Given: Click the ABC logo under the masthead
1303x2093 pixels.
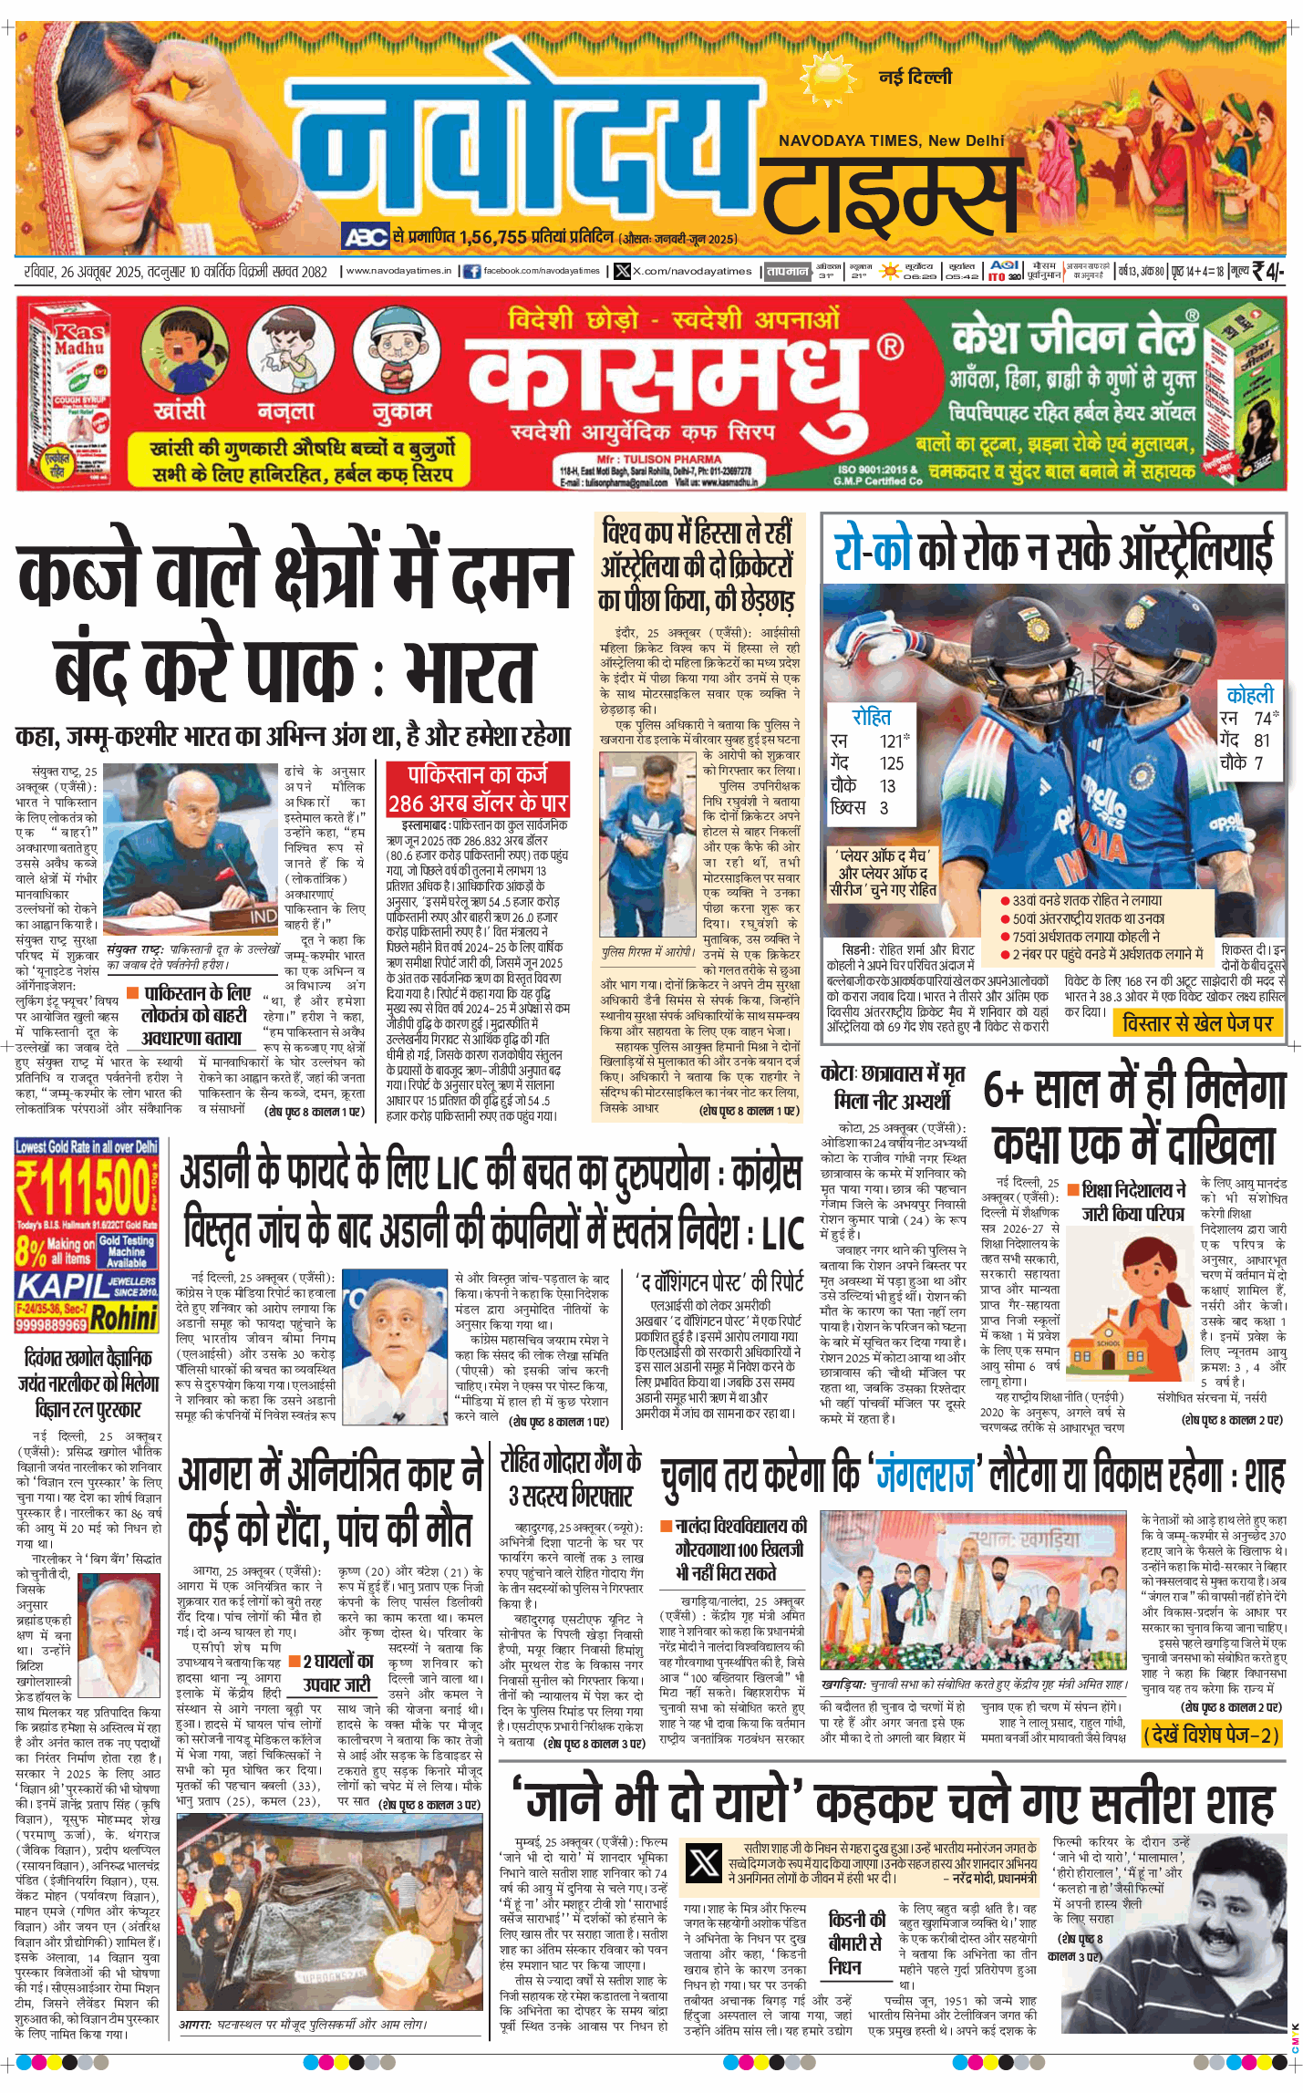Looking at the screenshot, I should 366,237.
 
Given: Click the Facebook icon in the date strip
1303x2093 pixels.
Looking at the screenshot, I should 471,271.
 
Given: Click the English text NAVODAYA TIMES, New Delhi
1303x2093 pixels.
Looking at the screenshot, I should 891,140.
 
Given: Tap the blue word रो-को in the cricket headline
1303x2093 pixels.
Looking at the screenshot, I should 873,551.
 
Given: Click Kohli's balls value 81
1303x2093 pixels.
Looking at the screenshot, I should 1262,741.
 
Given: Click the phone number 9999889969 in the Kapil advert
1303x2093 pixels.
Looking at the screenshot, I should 51,1323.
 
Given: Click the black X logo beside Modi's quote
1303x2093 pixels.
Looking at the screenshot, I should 703,1862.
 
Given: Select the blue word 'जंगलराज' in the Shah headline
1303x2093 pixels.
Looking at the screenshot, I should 926,1475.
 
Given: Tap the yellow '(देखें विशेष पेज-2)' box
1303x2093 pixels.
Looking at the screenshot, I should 1212,1734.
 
